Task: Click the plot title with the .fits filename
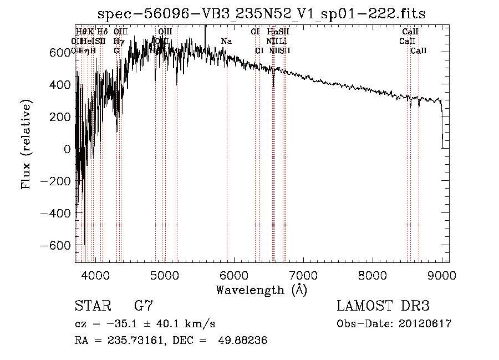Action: tap(261, 14)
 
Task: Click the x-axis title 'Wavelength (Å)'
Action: tap(261, 290)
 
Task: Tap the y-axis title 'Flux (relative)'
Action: tap(26, 144)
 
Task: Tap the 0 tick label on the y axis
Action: tap(67, 149)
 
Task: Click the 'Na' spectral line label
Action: tap(226, 41)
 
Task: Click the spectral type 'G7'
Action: tap(143, 306)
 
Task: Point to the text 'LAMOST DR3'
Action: tap(383, 306)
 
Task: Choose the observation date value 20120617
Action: tap(425, 324)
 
